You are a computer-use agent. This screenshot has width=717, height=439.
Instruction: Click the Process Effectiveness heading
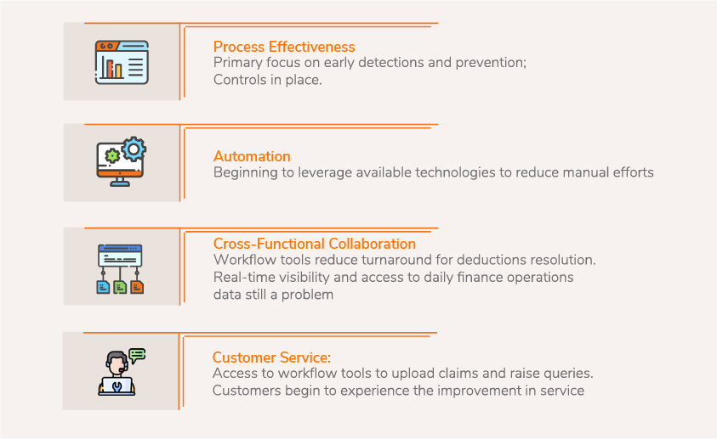click(x=284, y=47)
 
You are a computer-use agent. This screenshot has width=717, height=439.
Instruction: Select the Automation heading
click(x=252, y=156)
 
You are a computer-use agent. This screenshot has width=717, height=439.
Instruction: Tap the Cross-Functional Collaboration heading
click(x=315, y=244)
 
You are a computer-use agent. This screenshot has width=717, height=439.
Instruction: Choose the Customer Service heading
click(x=271, y=357)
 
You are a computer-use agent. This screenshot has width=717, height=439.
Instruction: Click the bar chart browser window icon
click(x=122, y=62)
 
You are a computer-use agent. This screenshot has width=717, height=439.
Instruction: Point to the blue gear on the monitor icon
click(x=134, y=149)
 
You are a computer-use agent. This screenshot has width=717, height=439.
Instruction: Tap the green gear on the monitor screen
click(x=112, y=156)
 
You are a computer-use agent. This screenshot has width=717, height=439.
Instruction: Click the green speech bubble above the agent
click(x=137, y=356)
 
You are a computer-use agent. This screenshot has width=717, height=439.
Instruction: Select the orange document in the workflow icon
click(x=137, y=287)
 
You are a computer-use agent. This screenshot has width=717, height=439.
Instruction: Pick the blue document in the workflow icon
click(x=103, y=287)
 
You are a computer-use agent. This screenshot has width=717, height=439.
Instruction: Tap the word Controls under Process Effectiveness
click(x=240, y=80)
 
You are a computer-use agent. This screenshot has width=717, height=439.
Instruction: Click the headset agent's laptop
click(x=117, y=386)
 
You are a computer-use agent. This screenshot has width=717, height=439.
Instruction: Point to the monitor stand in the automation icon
click(x=120, y=182)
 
